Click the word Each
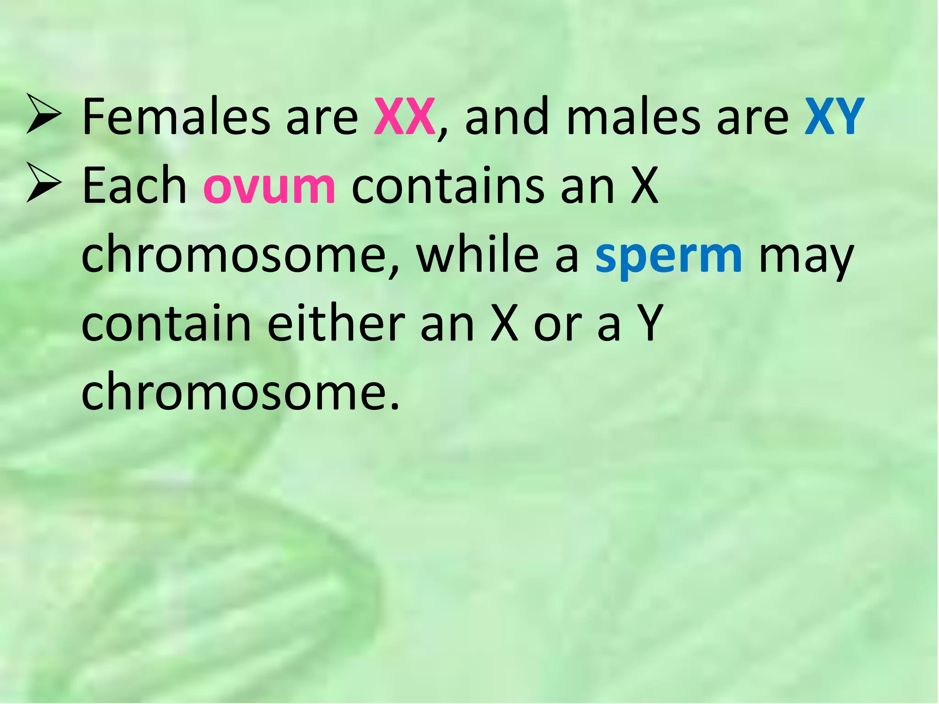click(x=134, y=186)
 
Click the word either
click(x=336, y=324)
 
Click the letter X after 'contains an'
click(x=644, y=186)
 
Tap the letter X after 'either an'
click(x=504, y=324)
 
